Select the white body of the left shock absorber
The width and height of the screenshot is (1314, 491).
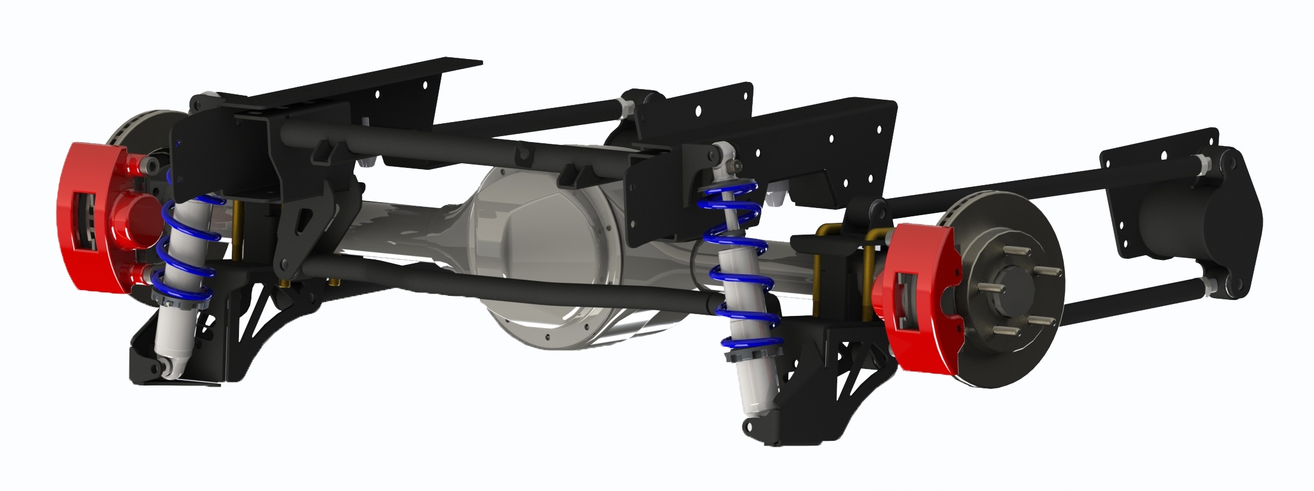pyautogui.click(x=174, y=330)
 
